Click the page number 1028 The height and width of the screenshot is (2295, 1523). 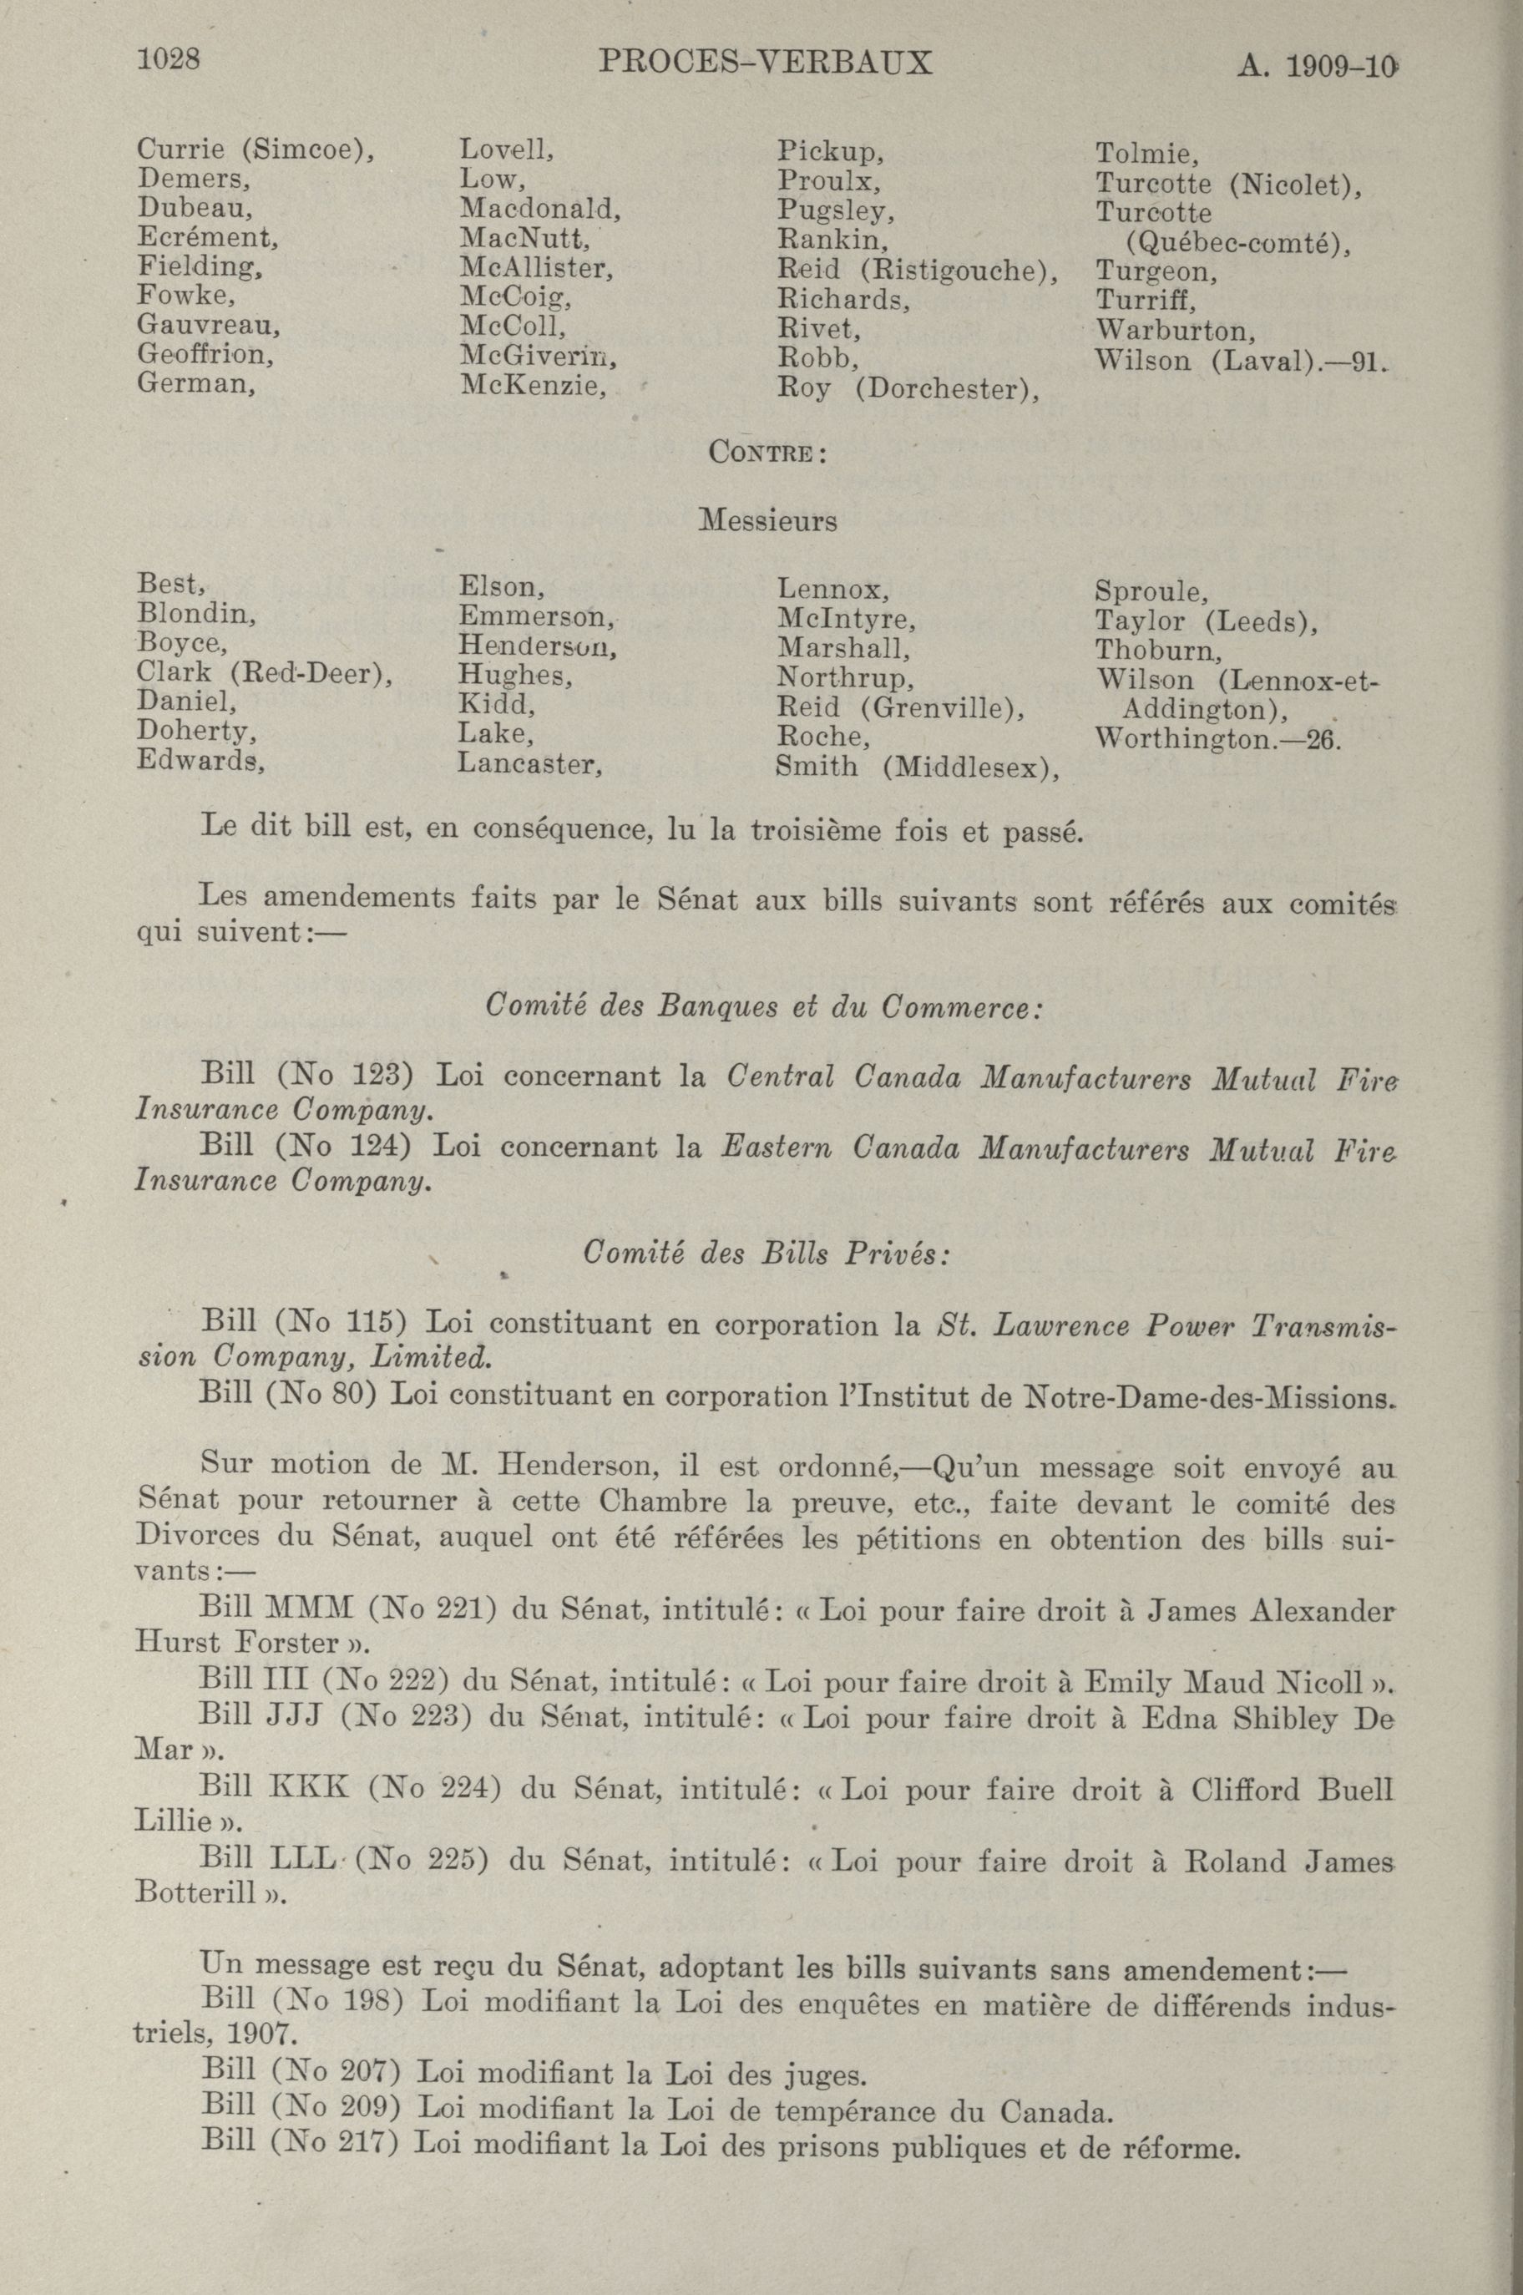click(x=169, y=60)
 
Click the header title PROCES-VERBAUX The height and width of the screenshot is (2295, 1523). click(x=766, y=63)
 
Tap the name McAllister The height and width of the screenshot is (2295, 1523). click(x=535, y=268)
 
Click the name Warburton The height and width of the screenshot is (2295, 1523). click(x=1174, y=332)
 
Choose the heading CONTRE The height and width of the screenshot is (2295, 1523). click(x=767, y=453)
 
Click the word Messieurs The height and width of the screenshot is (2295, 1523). click(x=767, y=520)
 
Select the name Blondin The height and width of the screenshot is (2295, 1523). click(x=196, y=613)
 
